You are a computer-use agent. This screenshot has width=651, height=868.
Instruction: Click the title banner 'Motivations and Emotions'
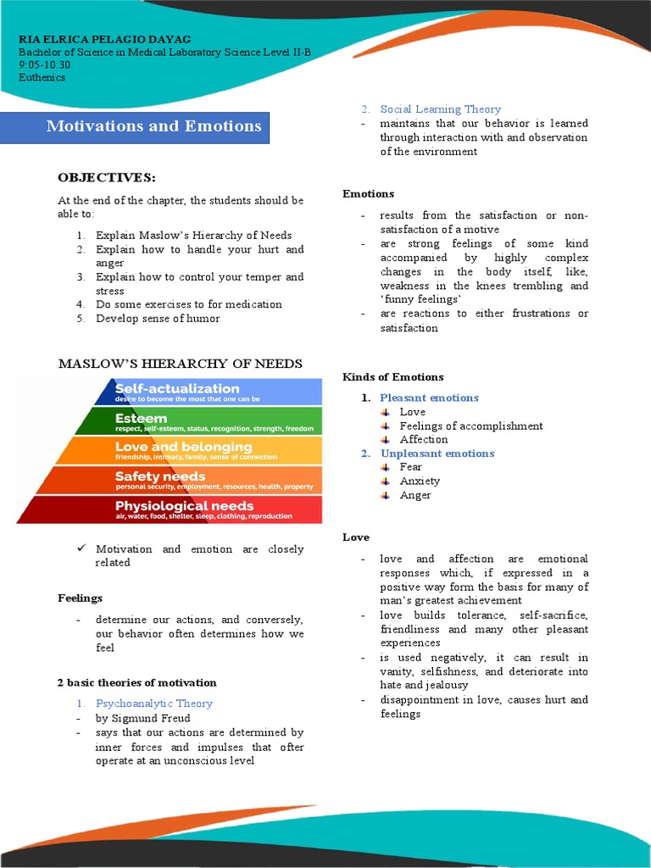(x=153, y=127)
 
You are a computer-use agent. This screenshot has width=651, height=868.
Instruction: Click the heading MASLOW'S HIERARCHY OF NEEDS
(x=180, y=364)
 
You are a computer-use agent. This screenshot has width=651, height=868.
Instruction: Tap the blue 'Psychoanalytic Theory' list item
(x=153, y=704)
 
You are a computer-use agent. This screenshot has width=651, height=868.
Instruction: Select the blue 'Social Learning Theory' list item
(x=440, y=109)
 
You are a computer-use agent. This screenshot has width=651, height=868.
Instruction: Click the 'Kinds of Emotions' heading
(x=392, y=377)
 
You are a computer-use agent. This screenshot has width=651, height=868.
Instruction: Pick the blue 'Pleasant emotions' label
(x=429, y=398)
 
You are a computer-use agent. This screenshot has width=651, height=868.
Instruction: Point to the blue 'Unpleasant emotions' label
(x=437, y=453)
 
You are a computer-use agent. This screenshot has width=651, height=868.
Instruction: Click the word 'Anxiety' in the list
(x=420, y=481)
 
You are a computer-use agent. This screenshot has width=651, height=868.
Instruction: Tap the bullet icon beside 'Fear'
(x=385, y=467)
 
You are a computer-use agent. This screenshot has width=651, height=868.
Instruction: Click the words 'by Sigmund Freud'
(x=142, y=718)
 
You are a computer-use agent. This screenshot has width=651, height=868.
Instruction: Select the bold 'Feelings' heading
(x=80, y=598)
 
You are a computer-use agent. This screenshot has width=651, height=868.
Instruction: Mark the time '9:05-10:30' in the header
(x=44, y=64)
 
